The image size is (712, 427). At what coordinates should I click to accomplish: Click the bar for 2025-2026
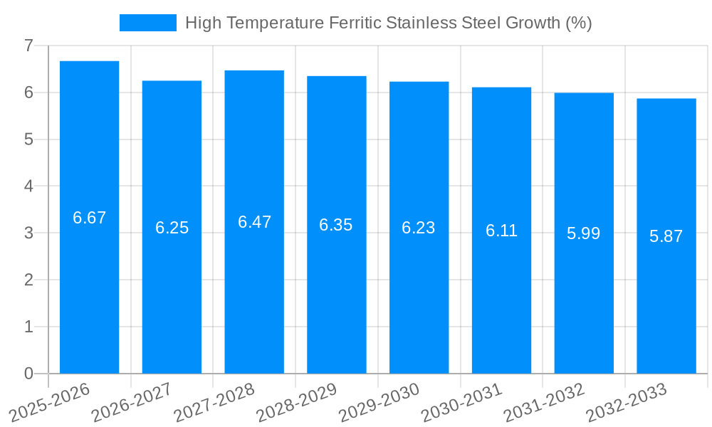click(x=89, y=217)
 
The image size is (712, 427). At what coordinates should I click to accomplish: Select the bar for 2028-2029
click(x=337, y=225)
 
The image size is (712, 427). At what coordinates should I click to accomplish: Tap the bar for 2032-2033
click(x=666, y=236)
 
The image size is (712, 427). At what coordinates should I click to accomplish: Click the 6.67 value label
click(x=89, y=218)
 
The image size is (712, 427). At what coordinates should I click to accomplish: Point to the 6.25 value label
click(x=172, y=228)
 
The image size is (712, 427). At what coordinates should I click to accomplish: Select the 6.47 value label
click(x=254, y=222)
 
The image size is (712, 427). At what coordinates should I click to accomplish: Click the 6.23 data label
click(x=419, y=228)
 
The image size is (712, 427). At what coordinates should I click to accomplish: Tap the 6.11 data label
click(x=501, y=231)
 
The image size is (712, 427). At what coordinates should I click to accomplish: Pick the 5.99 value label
click(x=584, y=233)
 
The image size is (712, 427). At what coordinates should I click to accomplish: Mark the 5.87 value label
click(x=666, y=236)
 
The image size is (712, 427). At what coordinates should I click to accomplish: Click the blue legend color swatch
click(x=147, y=23)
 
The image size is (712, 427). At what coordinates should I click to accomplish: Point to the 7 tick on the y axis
click(x=28, y=46)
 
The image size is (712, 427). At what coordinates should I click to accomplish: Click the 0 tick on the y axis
click(x=28, y=374)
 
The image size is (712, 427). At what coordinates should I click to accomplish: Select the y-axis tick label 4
click(x=28, y=186)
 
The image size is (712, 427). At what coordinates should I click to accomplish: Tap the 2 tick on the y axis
click(x=28, y=280)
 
